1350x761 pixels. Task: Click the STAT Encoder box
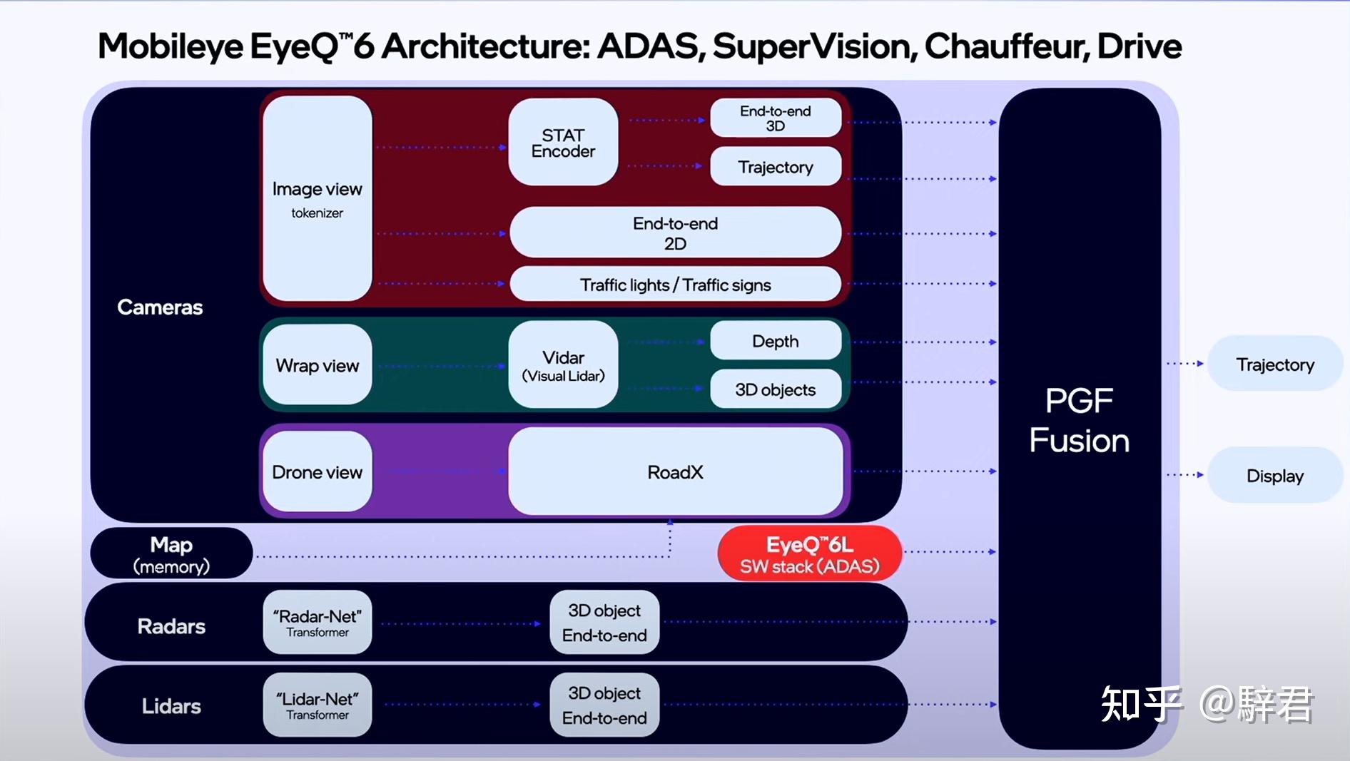pos(563,143)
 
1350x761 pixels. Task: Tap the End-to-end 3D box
pos(776,118)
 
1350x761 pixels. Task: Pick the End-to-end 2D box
pos(675,233)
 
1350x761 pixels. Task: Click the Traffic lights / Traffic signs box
pos(675,285)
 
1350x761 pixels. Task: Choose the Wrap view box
pos(318,365)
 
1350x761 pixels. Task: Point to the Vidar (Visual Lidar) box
pos(563,365)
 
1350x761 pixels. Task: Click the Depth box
pos(776,341)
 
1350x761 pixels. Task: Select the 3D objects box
pos(776,389)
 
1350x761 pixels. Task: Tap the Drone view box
pos(318,471)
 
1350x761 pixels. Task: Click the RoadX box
pos(675,471)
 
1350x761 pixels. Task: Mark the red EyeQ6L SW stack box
pos(809,554)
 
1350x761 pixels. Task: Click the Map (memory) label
pos(171,554)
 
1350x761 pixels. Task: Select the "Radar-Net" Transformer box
pos(318,623)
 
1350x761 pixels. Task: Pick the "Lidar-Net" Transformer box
pos(318,705)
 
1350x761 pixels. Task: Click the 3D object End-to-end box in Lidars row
pos(604,705)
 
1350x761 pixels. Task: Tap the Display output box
pos(1274,476)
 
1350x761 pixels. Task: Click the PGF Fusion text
pos(1079,421)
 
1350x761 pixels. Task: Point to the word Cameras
pos(160,307)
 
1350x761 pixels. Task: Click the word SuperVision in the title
pos(813,46)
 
